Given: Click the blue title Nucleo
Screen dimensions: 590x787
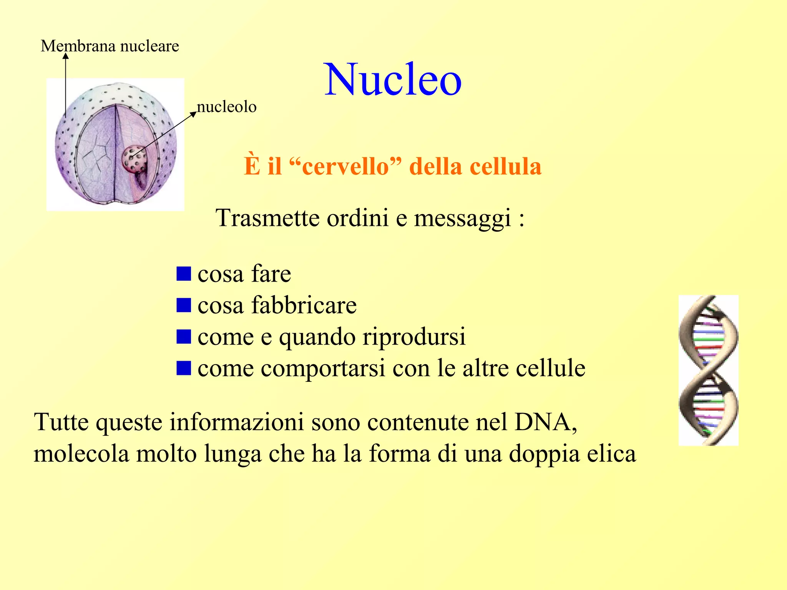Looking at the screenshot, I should click(393, 80).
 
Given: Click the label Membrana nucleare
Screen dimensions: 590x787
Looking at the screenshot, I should click(110, 46).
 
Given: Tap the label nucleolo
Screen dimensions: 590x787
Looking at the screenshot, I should click(226, 107).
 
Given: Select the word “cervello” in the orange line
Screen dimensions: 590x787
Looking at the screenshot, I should click(345, 166).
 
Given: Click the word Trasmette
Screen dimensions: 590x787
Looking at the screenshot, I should click(267, 218).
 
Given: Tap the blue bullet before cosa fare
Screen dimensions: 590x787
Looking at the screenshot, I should click(184, 274).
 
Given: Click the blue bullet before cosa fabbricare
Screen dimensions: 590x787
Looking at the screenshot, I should click(184, 305).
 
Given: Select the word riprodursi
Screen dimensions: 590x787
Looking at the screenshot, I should click(414, 337).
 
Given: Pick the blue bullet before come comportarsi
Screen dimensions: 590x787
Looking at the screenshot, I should click(184, 368).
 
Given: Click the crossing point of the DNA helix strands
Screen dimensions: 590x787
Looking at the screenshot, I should click(709, 370).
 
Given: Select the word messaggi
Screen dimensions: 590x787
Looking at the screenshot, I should click(463, 219).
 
